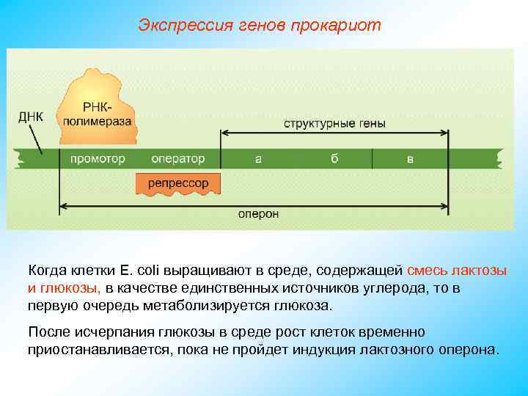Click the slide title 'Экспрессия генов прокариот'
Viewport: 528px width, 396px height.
(x=260, y=26)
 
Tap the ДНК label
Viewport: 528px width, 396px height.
(x=30, y=117)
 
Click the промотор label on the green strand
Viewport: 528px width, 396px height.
(x=98, y=158)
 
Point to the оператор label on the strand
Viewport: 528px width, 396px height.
(x=177, y=158)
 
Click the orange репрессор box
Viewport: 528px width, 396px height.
(x=177, y=183)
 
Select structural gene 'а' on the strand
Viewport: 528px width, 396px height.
(x=258, y=158)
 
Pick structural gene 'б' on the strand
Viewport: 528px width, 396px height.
(x=334, y=158)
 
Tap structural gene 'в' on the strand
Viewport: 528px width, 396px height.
(x=410, y=158)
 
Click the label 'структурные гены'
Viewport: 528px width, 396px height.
(x=334, y=122)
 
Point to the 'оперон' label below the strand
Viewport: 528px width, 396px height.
(x=258, y=213)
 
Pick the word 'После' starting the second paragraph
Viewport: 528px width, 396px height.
(x=46, y=331)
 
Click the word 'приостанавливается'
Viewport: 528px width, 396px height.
(x=99, y=349)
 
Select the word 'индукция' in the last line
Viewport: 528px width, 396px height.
(x=329, y=349)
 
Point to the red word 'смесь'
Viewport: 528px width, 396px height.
(x=428, y=271)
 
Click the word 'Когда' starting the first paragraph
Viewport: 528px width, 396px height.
(x=48, y=271)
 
